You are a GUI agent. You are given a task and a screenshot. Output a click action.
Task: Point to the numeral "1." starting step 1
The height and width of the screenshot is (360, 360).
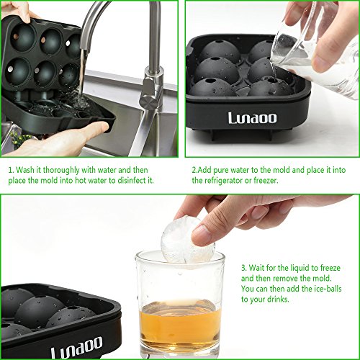(10, 170)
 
